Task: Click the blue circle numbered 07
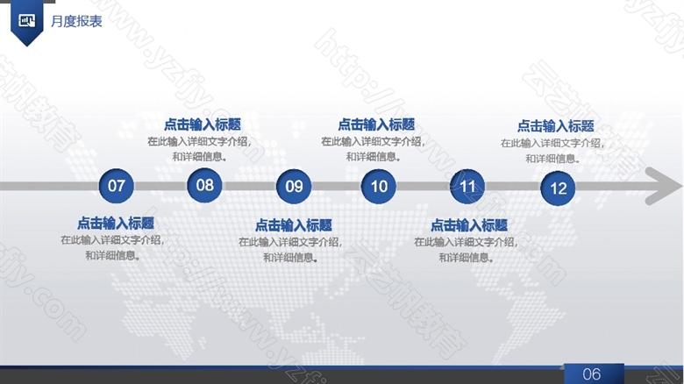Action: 116,186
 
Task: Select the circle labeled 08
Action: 204,185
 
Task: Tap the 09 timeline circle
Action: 294,187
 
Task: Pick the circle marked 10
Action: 379,187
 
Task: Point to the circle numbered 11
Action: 467,187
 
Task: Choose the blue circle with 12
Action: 558,188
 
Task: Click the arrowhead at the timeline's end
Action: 664,186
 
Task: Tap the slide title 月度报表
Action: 76,21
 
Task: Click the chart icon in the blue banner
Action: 27,20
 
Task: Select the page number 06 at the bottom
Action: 592,374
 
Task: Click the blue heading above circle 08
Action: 203,124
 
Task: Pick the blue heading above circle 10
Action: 376,124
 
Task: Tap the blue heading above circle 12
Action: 555,126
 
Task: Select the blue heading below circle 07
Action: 116,224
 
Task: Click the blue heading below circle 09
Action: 293,225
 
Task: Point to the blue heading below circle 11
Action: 469,225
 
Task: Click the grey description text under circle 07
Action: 112,247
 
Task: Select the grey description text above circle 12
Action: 552,151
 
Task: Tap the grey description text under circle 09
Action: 290,250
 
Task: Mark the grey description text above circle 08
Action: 199,149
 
